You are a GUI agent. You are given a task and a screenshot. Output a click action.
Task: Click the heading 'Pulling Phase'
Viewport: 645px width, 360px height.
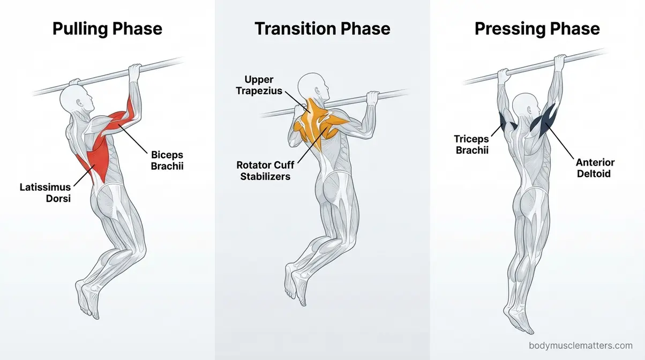coord(107,28)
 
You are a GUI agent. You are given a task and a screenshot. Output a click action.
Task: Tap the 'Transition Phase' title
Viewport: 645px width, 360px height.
coord(322,28)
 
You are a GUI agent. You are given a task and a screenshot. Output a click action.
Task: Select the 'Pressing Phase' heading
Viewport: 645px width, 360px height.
coord(537,28)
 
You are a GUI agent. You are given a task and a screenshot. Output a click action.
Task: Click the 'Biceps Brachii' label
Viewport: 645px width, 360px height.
coord(167,160)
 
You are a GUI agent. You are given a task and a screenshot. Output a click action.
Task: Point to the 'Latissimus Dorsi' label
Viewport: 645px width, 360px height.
coord(45,193)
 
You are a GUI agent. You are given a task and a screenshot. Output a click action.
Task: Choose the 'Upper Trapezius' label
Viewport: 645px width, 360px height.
coord(259,85)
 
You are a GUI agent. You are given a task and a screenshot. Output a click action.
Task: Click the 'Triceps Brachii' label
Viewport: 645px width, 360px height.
coord(472,145)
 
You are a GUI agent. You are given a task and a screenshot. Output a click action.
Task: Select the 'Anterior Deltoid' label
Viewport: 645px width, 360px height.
coord(595,168)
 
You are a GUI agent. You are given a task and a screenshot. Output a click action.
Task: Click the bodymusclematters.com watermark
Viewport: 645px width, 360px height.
coord(580,346)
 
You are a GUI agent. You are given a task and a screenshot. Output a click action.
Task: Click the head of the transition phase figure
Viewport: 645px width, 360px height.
coord(312,86)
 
